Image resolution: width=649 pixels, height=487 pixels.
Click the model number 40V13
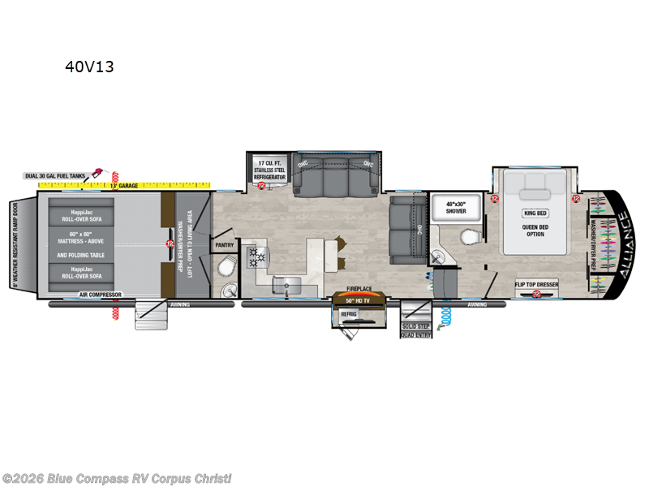[x=89, y=67]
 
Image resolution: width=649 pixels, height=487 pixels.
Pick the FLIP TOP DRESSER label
[x=535, y=284]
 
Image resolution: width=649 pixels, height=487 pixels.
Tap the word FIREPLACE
[x=359, y=288]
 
